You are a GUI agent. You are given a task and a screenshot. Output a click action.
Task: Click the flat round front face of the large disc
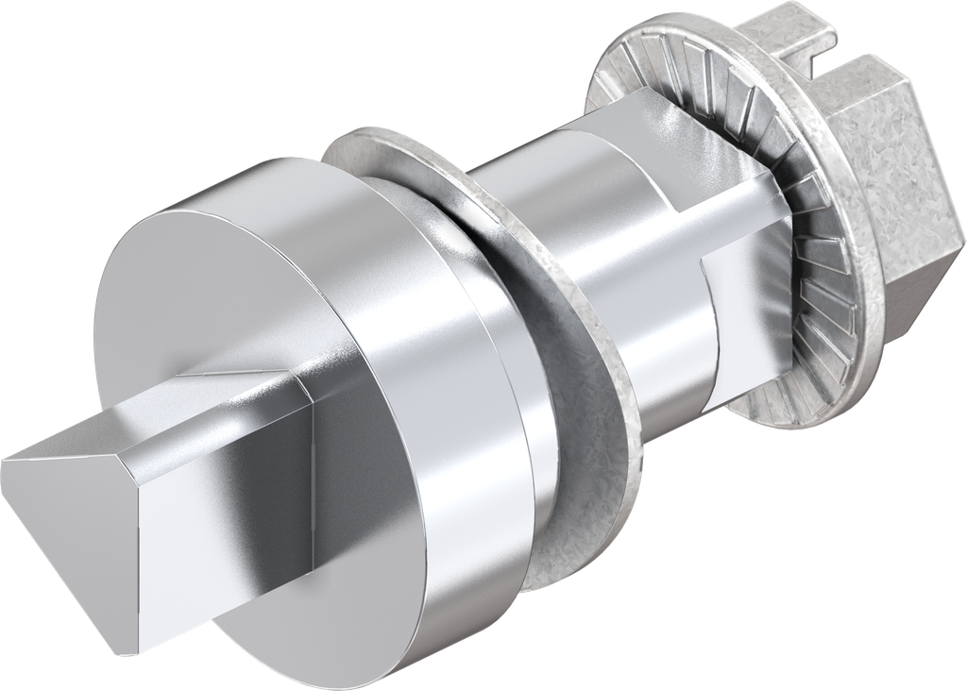pyautogui.click(x=189, y=312)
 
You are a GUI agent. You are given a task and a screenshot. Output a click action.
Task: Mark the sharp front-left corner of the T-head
pyautogui.click(x=5, y=462)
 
